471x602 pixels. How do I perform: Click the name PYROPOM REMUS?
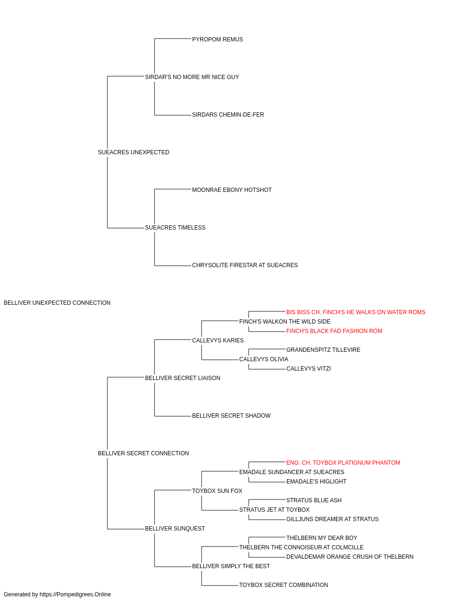217,40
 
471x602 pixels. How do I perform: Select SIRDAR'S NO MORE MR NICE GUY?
192,77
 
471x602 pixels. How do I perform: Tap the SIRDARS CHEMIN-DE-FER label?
228,115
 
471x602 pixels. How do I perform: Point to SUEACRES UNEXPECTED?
133,152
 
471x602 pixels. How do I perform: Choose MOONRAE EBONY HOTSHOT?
232,190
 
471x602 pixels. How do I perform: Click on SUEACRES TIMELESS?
175,228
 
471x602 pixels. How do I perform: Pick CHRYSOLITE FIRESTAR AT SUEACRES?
244,265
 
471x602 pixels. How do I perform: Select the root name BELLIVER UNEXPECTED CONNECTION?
57,303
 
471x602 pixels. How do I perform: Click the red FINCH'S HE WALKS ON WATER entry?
356,312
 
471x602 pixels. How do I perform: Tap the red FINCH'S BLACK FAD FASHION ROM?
334,331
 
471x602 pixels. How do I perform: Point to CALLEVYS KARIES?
218,341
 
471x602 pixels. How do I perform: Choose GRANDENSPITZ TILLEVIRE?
323,350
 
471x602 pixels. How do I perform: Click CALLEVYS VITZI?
309,369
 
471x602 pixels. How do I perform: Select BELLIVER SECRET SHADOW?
231,416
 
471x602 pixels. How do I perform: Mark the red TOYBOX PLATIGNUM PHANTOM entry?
343,463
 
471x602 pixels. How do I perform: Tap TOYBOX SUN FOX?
217,491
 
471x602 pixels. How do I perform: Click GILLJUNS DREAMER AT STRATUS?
333,519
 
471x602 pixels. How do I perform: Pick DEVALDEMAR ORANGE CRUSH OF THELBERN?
350,557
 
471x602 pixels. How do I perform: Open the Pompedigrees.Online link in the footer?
75,594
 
